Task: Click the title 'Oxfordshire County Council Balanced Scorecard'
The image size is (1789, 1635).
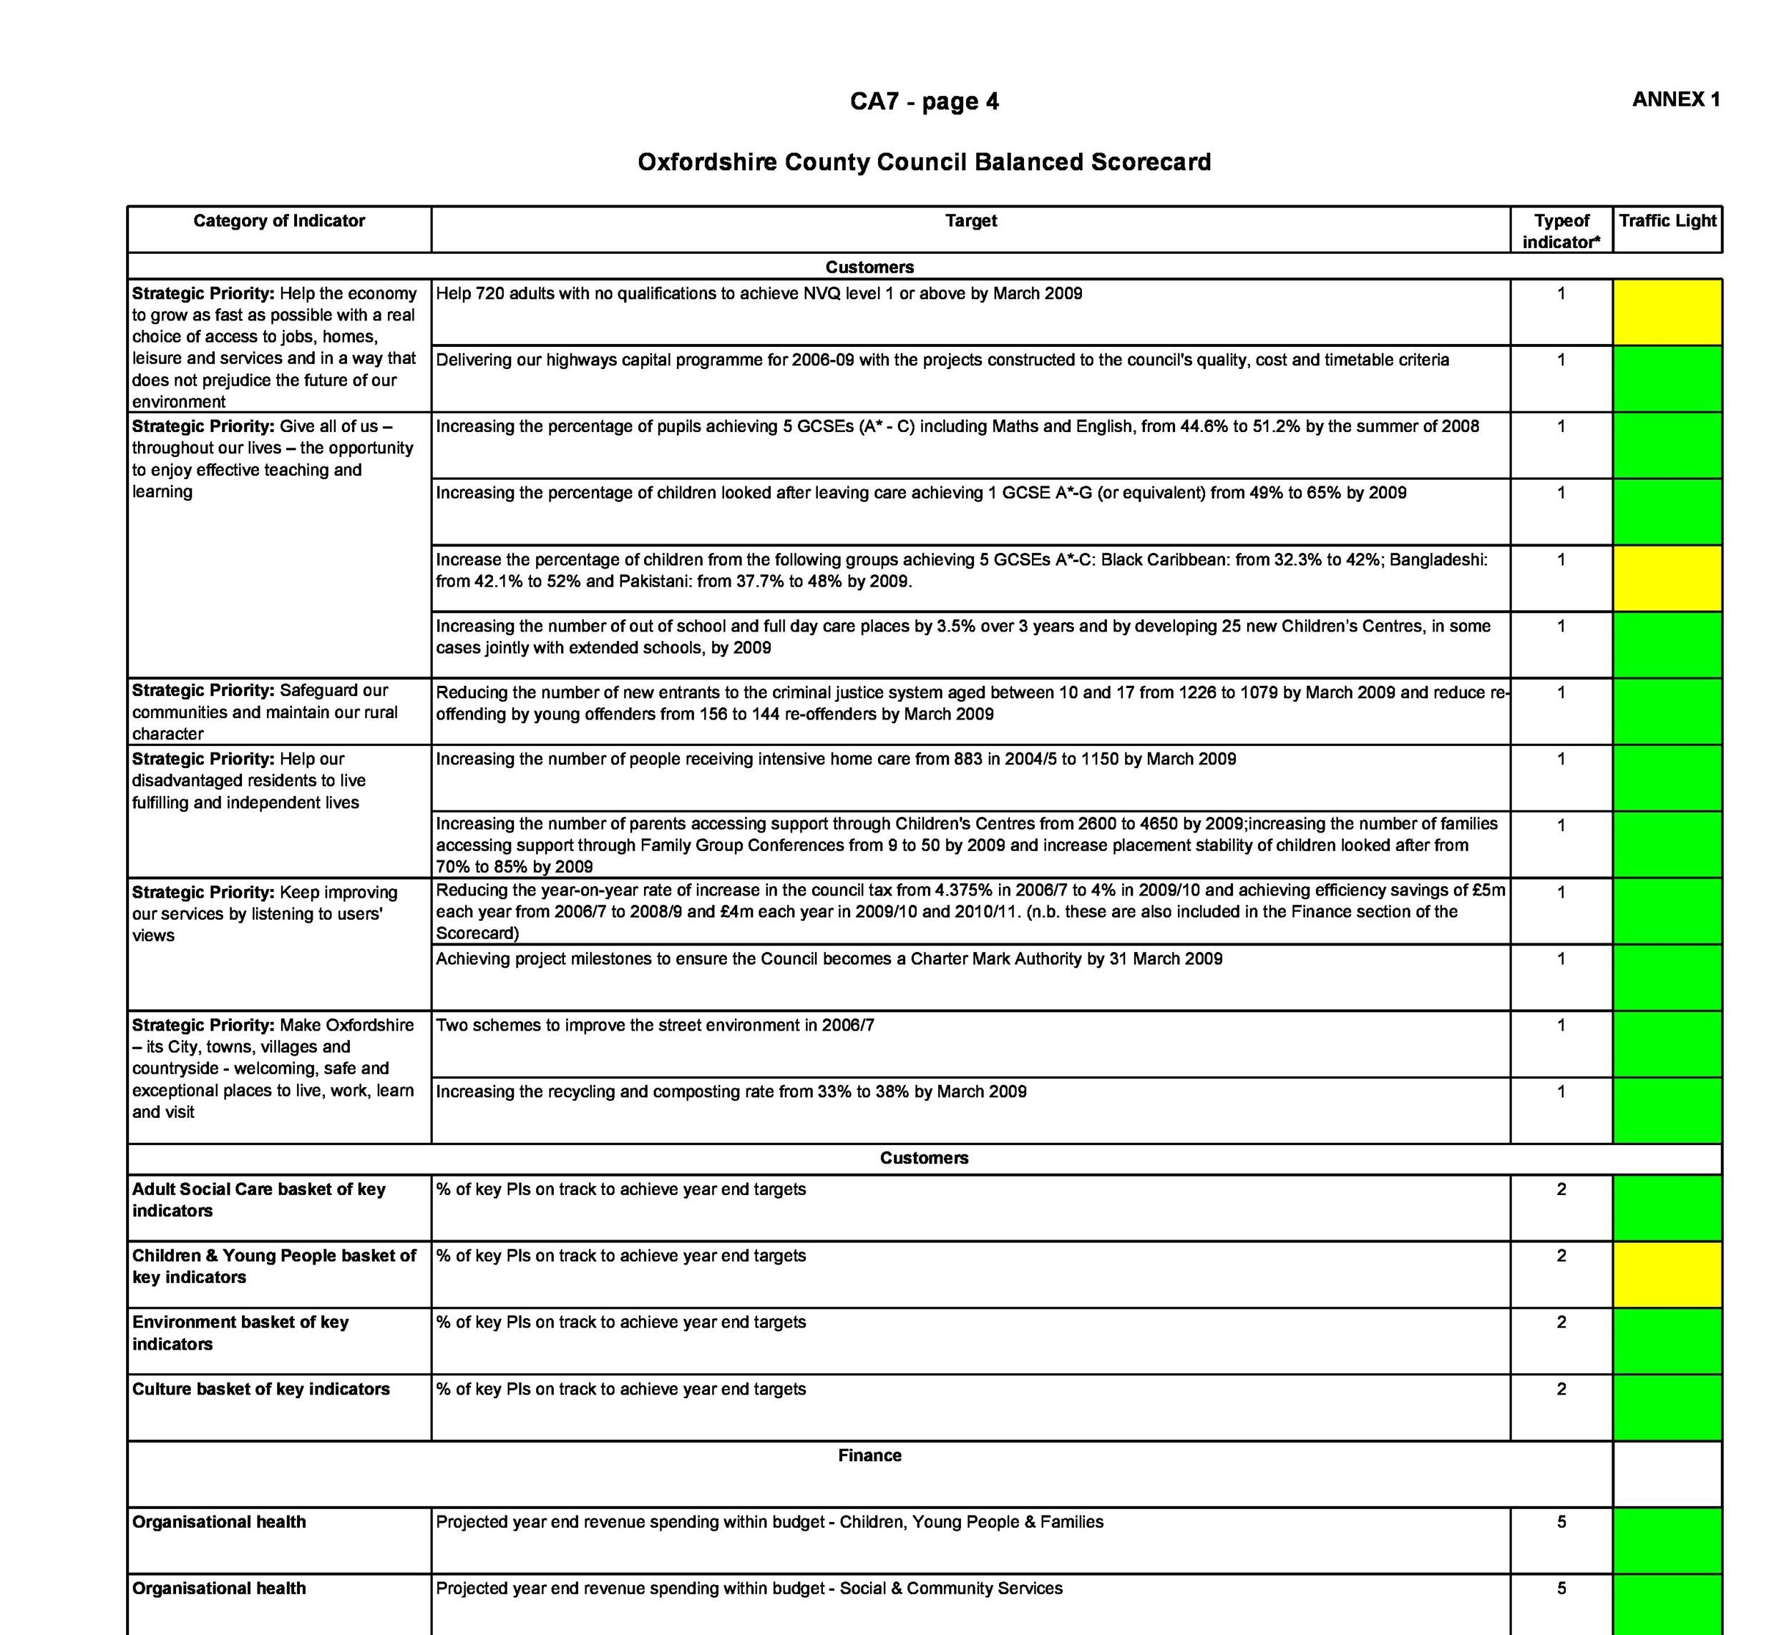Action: point(924,162)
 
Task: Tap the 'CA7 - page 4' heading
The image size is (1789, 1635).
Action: point(924,102)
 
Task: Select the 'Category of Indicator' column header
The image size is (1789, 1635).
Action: point(278,221)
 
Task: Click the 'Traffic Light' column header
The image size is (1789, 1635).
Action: point(1667,221)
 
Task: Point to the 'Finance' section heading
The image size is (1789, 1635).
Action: point(869,1455)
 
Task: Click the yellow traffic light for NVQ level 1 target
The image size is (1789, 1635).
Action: point(1667,313)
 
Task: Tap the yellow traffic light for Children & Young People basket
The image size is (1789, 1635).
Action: point(1667,1274)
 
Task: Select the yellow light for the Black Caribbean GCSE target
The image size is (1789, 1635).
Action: point(1667,579)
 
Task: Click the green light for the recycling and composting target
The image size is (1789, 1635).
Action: point(1667,1110)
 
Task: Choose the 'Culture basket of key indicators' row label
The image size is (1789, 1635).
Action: point(261,1389)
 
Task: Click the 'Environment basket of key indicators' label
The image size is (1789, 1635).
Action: point(240,1332)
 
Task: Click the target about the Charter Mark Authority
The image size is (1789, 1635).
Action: point(829,959)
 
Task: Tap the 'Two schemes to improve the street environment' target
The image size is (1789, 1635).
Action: point(655,1026)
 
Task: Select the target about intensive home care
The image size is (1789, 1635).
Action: point(835,760)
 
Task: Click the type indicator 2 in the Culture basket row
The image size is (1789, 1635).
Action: point(1561,1389)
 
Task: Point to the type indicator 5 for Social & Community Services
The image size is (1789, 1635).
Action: point(1561,1589)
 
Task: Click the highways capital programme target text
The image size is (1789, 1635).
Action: point(942,360)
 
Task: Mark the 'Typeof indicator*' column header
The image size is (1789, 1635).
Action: point(1561,232)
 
